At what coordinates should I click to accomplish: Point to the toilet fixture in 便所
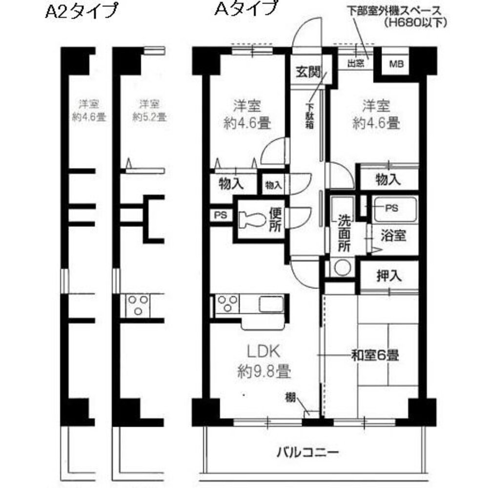point(252,220)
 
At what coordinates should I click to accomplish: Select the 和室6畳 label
point(375,355)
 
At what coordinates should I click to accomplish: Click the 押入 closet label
point(389,276)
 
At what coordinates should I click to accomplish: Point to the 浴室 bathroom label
point(393,236)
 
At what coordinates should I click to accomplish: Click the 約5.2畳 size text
point(149,117)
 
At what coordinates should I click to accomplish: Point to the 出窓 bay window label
point(355,63)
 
